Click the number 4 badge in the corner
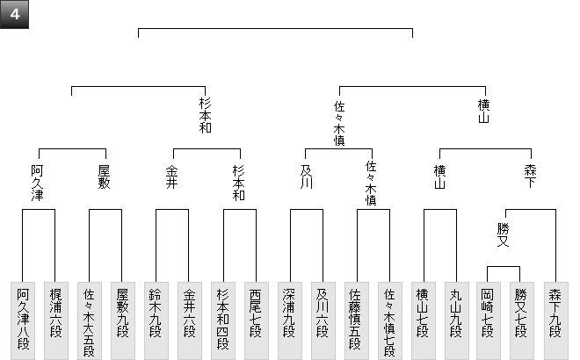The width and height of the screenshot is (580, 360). pyautogui.click(x=15, y=17)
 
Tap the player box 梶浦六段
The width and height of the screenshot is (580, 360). pyautogui.click(x=55, y=320)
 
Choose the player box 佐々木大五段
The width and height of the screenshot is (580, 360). pyautogui.click(x=89, y=320)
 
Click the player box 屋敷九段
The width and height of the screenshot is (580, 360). pyautogui.click(x=122, y=320)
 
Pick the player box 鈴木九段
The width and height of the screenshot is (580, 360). pyautogui.click(x=156, y=320)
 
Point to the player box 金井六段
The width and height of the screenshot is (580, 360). pyautogui.click(x=189, y=320)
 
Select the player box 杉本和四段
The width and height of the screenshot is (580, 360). pyautogui.click(x=222, y=320)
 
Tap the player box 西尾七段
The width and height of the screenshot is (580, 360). pyautogui.click(x=256, y=320)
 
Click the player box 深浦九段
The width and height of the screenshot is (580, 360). pyautogui.click(x=289, y=320)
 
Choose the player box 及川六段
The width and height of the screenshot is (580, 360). pyautogui.click(x=323, y=320)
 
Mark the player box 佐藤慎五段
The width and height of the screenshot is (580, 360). pyautogui.click(x=355, y=320)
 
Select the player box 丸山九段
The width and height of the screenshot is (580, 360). pyautogui.click(x=455, y=320)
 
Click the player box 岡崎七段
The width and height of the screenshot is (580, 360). pyautogui.click(x=489, y=320)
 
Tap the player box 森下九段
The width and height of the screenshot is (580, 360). pyautogui.click(x=555, y=320)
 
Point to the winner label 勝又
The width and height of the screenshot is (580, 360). pyautogui.click(x=504, y=234)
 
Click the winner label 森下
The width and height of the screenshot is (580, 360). pyautogui.click(x=529, y=176)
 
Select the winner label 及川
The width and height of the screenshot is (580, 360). pyautogui.click(x=306, y=176)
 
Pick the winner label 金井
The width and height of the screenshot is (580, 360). pyautogui.click(x=172, y=176)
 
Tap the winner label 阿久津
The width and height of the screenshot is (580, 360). pyautogui.click(x=39, y=183)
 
